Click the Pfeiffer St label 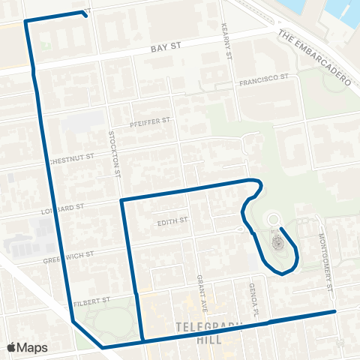click(151, 121)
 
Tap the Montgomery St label click(325, 260)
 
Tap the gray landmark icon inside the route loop click(276, 241)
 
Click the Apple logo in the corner click(12, 347)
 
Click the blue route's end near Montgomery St click(334, 310)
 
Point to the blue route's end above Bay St click(88, 16)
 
